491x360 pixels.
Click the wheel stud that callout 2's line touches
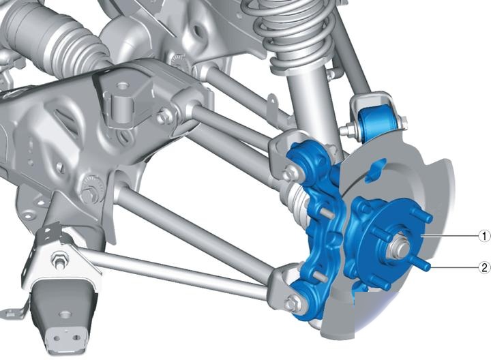[425, 265]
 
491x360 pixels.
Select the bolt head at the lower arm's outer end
[292, 302]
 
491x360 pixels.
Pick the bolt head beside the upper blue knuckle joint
[289, 172]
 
